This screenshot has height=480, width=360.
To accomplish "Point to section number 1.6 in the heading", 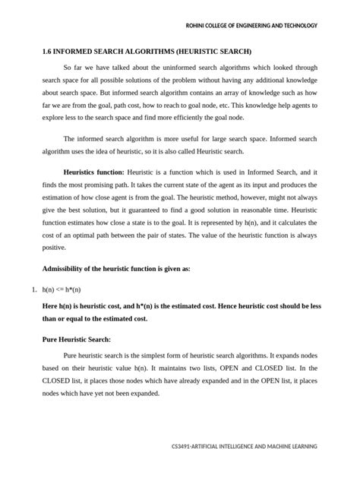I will (x=47, y=52).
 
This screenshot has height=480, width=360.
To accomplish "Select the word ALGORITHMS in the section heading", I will (x=150, y=52).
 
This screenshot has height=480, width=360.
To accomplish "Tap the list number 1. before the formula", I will (x=30, y=290).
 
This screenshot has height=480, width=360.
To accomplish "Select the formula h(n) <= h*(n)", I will (x=62, y=290).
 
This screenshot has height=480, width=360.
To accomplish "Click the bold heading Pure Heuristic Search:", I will (x=76, y=339).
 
